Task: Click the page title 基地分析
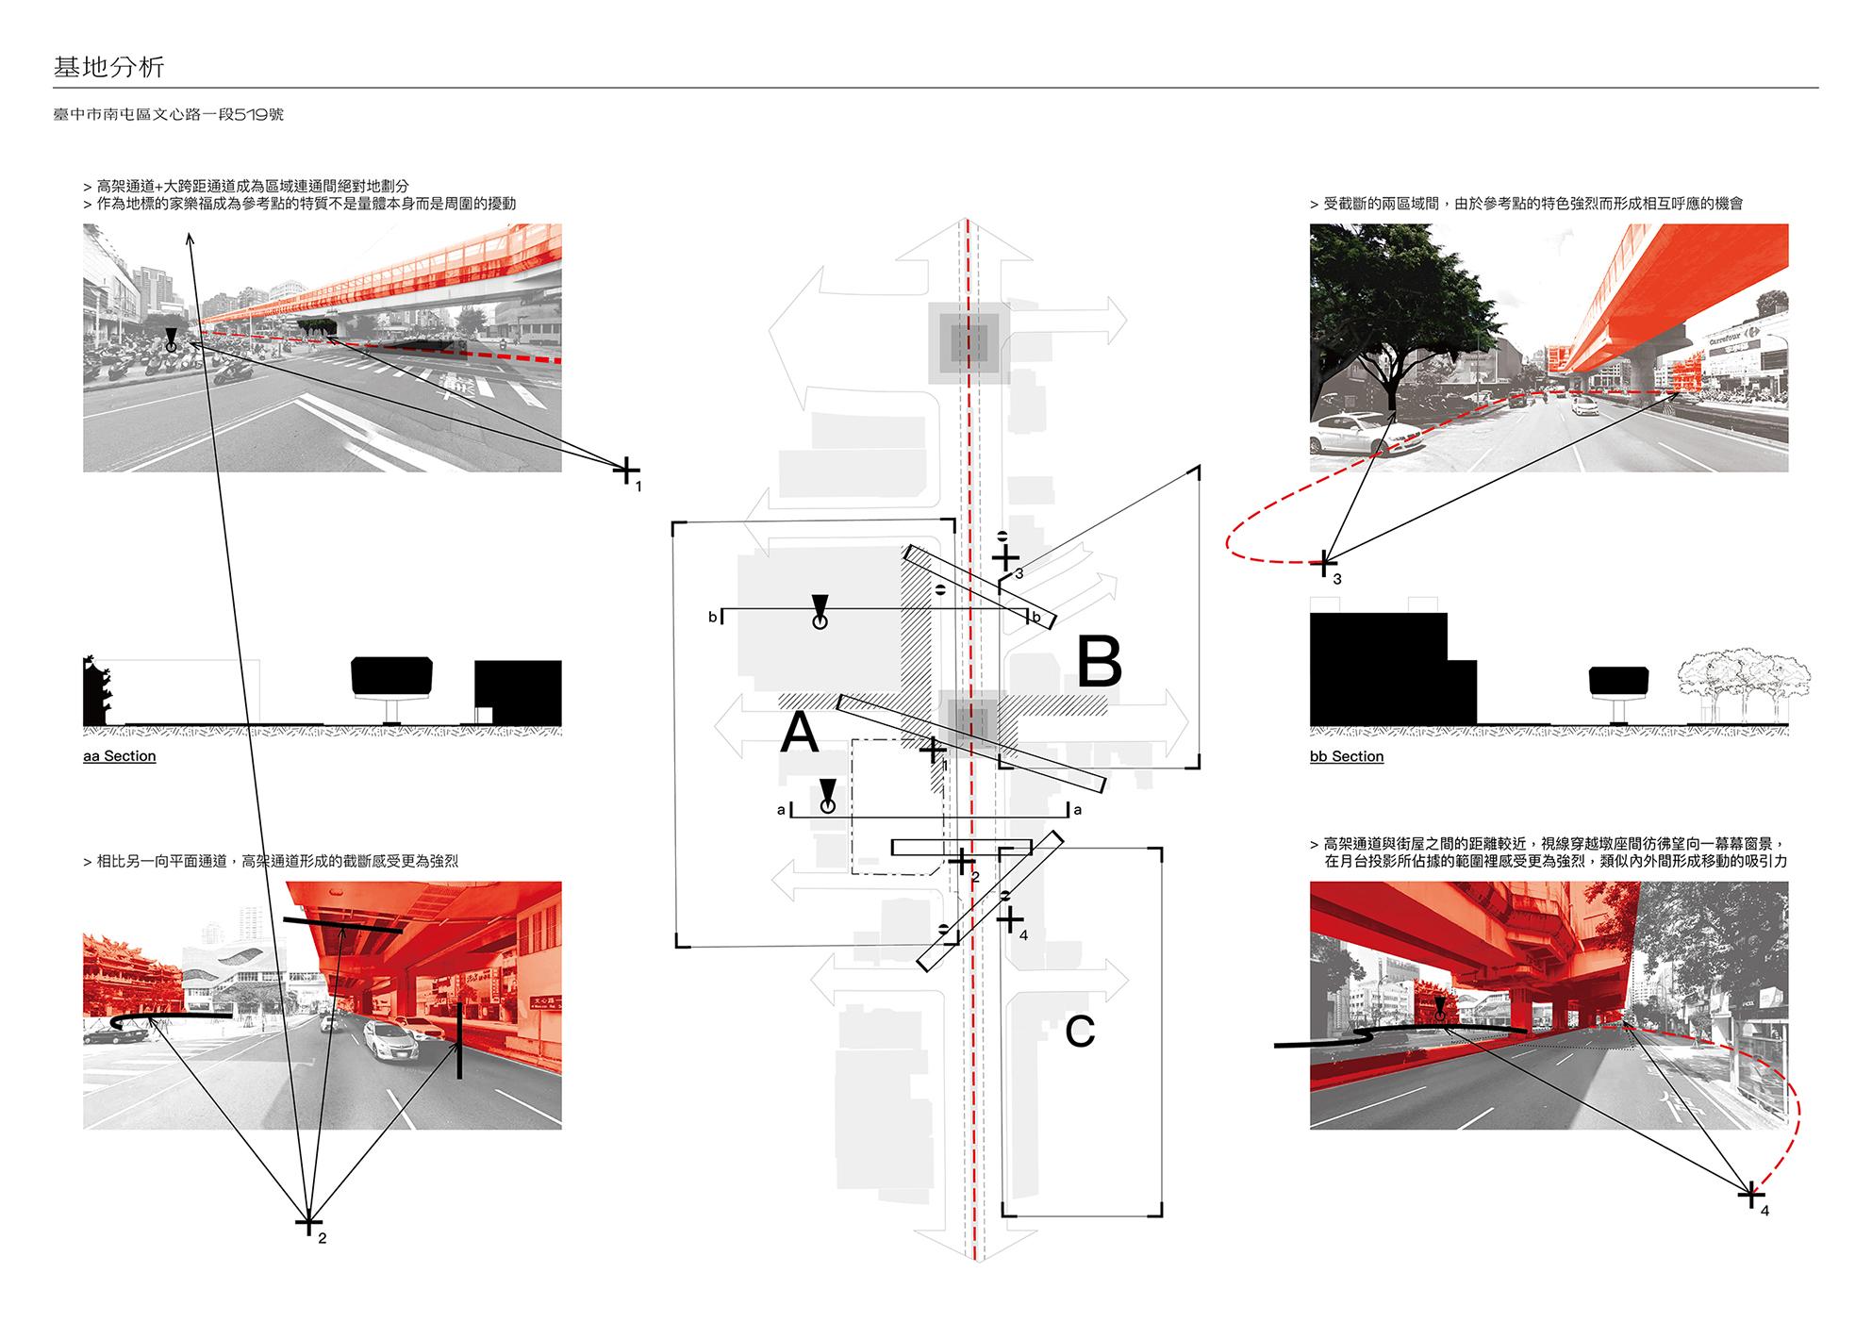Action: pyautogui.click(x=109, y=67)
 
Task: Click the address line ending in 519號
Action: pyautogui.click(x=169, y=115)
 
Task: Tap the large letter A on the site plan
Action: pyautogui.click(x=800, y=733)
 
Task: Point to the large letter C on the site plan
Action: pyautogui.click(x=1080, y=1032)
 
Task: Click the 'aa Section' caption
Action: pyautogui.click(x=120, y=756)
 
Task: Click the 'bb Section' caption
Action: pyautogui.click(x=1347, y=756)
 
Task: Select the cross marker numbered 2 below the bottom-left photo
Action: pyautogui.click(x=307, y=1223)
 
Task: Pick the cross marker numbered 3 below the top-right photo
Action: pyautogui.click(x=1324, y=563)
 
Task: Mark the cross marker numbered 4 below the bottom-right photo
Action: pyautogui.click(x=1751, y=1195)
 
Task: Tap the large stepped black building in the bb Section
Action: pyautogui.click(x=1386, y=669)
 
